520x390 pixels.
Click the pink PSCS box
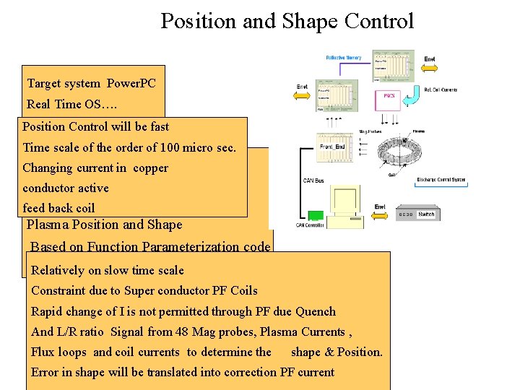[x=389, y=96]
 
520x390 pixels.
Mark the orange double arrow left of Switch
[x=379, y=214]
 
